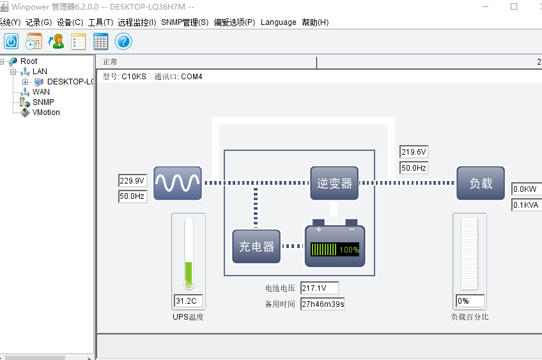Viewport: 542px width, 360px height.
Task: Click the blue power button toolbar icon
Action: coord(11,42)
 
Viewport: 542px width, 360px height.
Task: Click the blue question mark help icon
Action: coord(123,42)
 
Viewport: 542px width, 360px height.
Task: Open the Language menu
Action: coord(278,22)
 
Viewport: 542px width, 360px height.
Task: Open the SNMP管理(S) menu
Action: coord(185,22)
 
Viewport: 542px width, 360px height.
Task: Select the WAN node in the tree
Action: coord(41,92)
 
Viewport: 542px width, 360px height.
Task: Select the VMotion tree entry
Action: coord(46,113)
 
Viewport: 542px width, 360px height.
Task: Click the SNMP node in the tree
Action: coord(43,102)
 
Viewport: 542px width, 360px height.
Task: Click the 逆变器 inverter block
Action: coord(334,184)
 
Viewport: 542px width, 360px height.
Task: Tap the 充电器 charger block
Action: coord(256,247)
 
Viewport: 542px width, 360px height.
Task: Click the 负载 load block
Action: coord(481,184)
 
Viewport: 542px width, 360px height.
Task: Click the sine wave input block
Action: coord(178,184)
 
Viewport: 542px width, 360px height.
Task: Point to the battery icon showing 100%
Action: coord(335,243)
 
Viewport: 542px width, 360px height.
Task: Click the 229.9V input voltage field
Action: coord(133,180)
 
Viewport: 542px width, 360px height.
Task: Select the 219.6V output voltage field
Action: coord(414,152)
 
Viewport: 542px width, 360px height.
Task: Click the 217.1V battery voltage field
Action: coord(320,288)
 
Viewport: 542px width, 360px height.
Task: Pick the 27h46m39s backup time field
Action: coord(323,304)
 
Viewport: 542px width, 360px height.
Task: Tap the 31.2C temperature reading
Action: coord(189,301)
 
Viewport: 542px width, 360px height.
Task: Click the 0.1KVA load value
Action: coord(527,205)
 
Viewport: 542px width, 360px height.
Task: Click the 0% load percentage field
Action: coord(470,301)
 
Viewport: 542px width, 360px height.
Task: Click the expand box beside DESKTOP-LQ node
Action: coord(25,82)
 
